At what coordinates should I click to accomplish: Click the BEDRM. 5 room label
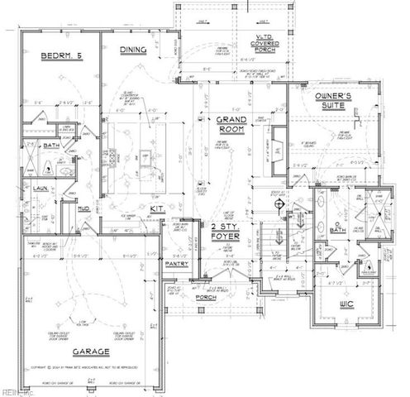pyautogui.click(x=59, y=56)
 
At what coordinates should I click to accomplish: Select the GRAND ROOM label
pyautogui.click(x=232, y=125)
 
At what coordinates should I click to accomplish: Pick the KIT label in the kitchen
pyautogui.click(x=155, y=208)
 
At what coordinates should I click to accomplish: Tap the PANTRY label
pyautogui.click(x=177, y=265)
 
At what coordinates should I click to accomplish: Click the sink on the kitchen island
pyautogui.click(x=145, y=155)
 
